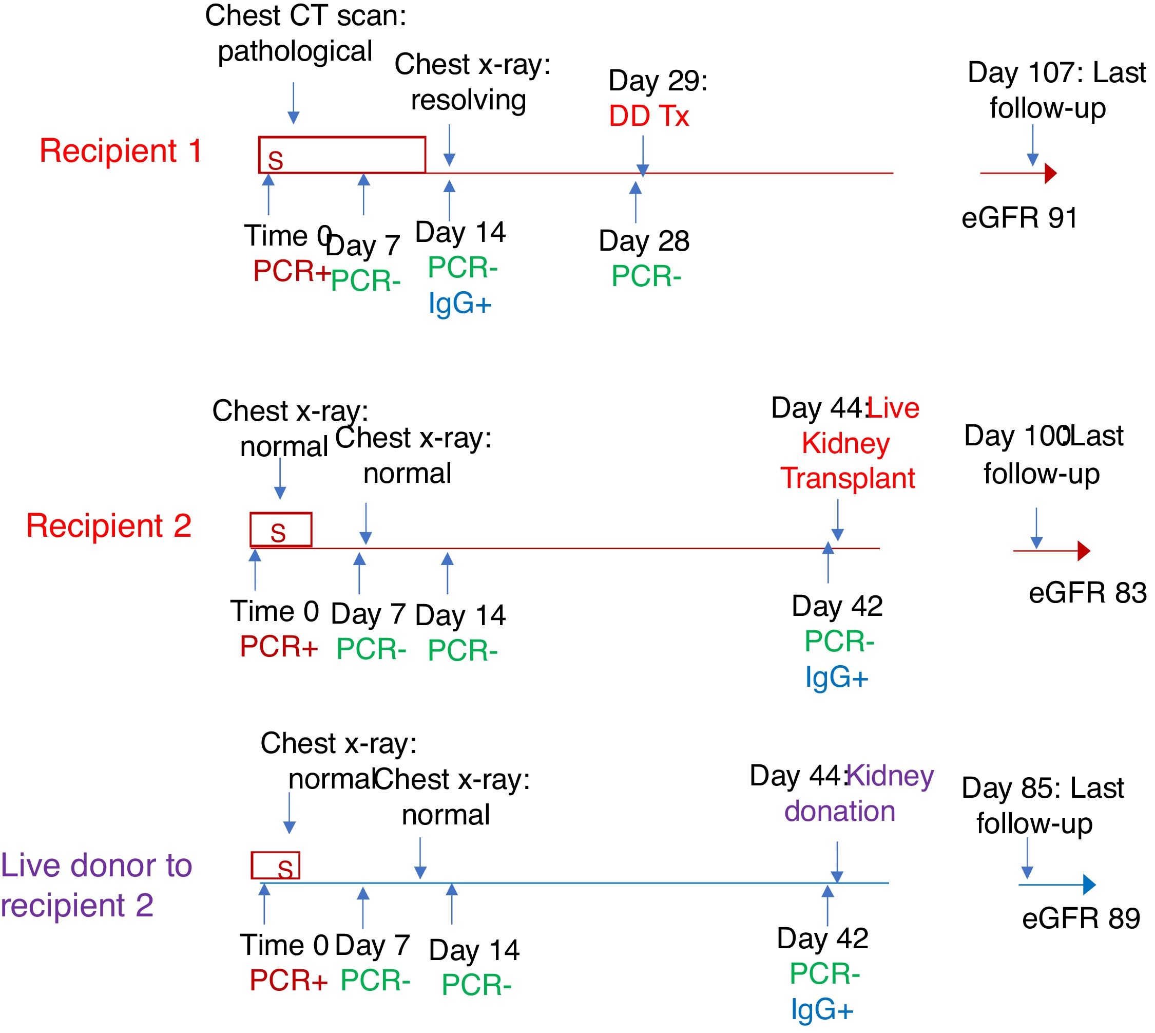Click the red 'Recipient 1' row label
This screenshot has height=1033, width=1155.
pyautogui.click(x=120, y=151)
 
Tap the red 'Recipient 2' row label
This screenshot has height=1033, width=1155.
pyautogui.click(x=109, y=525)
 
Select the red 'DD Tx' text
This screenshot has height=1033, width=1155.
pyautogui.click(x=649, y=117)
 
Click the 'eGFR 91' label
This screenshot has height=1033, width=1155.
pyautogui.click(x=1019, y=218)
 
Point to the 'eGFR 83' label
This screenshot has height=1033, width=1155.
pyautogui.click(x=1087, y=593)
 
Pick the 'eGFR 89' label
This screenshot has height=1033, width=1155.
pyautogui.click(x=1081, y=918)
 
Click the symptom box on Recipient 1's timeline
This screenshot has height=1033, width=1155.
pyautogui.click(x=341, y=155)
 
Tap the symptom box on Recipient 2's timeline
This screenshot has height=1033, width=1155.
pyautogui.click(x=281, y=530)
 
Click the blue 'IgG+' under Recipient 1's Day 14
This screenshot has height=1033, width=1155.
pyautogui.click(x=459, y=303)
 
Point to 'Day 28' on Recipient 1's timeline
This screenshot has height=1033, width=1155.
pyautogui.click(x=644, y=241)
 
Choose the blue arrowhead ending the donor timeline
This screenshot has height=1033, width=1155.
pyautogui.click(x=1089, y=885)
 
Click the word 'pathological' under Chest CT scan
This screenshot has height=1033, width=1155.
pyautogui.click(x=295, y=52)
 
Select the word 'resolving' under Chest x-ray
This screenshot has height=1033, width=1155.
pyautogui.click(x=469, y=101)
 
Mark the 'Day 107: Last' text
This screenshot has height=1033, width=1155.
pyautogui.click(x=1057, y=72)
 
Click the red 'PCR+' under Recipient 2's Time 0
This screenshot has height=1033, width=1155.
pyautogui.click(x=279, y=647)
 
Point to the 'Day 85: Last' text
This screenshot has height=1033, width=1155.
pyautogui.click(x=1043, y=788)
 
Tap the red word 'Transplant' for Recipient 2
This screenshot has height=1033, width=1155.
pyautogui.click(x=848, y=478)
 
